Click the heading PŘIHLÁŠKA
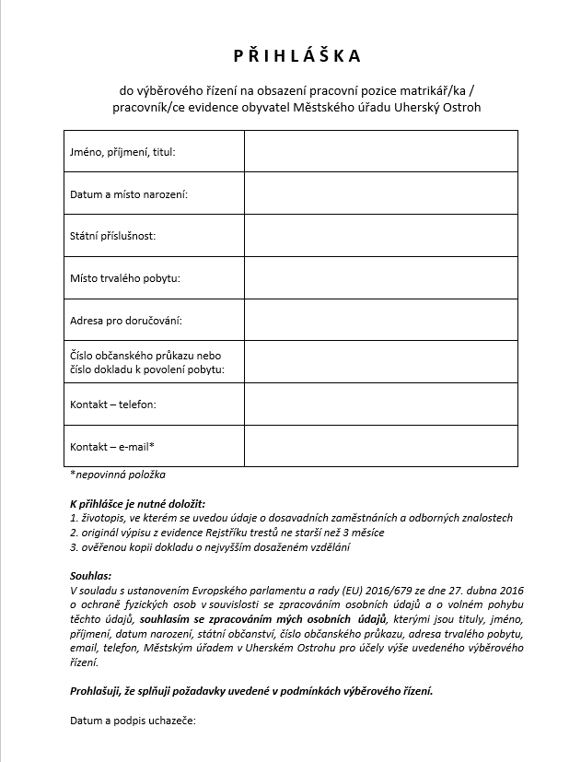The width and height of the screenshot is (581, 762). pyautogui.click(x=290, y=56)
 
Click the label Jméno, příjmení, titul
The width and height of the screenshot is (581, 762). pyautogui.click(x=122, y=151)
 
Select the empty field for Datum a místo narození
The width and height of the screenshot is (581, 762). pyautogui.click(x=380, y=193)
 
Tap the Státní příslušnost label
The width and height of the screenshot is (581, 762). pyautogui.click(x=113, y=236)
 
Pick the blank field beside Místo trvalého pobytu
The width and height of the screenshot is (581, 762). pyautogui.click(x=380, y=278)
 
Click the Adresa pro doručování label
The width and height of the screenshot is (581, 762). pyautogui.click(x=125, y=321)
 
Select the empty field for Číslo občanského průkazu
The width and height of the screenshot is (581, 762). pyautogui.click(x=380, y=362)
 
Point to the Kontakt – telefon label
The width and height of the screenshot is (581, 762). pyautogui.click(x=113, y=404)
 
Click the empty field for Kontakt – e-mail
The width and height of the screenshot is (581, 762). pyautogui.click(x=380, y=446)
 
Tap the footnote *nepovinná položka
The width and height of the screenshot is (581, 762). pyautogui.click(x=117, y=475)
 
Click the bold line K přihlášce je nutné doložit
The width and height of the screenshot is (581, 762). pyautogui.click(x=137, y=505)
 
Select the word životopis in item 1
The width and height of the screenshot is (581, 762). pyautogui.click(x=102, y=519)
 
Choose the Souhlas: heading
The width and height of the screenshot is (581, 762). pyautogui.click(x=90, y=576)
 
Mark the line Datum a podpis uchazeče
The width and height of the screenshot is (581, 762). pyautogui.click(x=133, y=720)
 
